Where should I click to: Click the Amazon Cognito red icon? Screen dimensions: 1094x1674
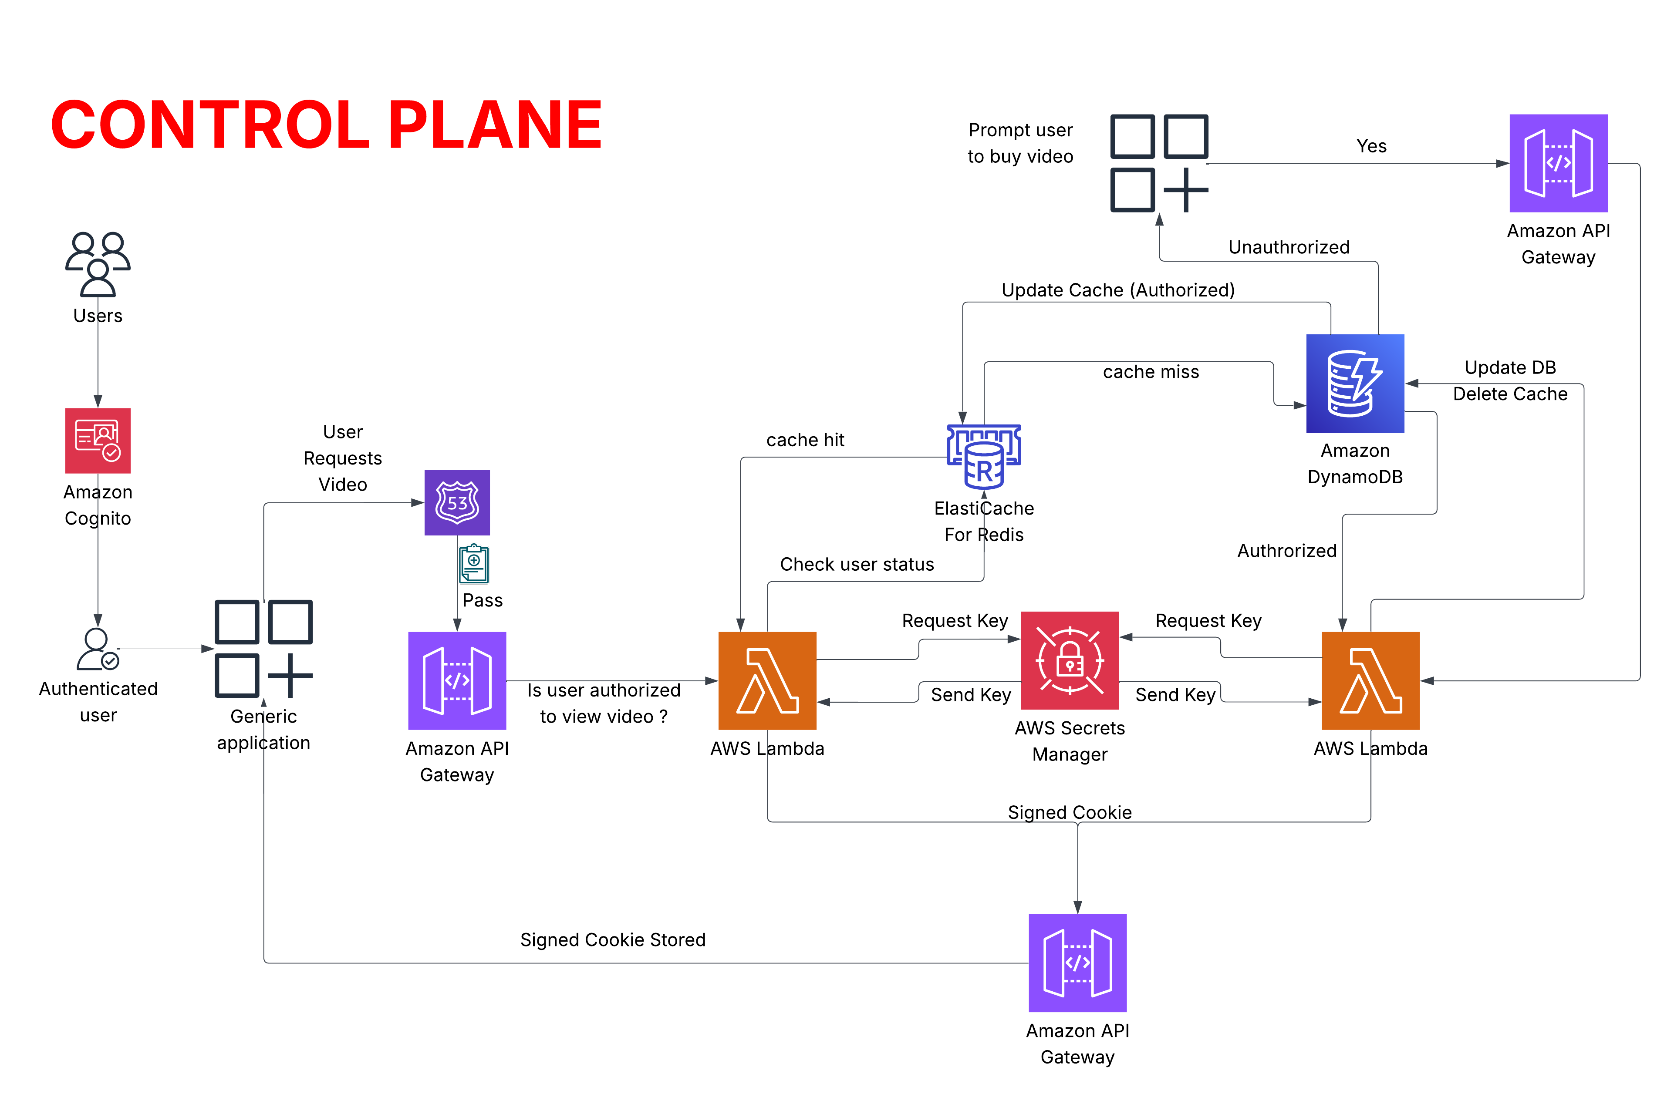coord(98,441)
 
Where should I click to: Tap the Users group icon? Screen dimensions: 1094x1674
coord(98,264)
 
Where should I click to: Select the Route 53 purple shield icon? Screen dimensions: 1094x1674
coord(457,503)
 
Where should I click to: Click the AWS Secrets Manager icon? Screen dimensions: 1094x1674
coord(1070,660)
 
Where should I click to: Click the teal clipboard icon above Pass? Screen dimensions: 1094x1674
coord(474,564)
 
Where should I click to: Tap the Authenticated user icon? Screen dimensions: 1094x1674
coord(98,650)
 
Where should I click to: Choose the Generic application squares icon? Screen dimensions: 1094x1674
coord(264,648)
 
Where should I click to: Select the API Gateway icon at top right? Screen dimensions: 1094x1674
coord(1558,163)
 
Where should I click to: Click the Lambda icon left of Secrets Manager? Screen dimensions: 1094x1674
coord(767,680)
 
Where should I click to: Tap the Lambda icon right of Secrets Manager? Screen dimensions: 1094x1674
coord(1371,680)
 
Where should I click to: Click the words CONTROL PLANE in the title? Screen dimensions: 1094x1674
coord(326,125)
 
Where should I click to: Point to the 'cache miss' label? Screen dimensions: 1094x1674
coord(1151,372)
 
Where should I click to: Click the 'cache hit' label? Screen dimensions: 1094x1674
coord(805,440)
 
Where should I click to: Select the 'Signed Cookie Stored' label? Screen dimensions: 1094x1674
coord(613,940)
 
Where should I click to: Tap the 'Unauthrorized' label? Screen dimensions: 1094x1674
coord(1289,247)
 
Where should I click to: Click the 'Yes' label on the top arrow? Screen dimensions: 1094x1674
coord(1371,146)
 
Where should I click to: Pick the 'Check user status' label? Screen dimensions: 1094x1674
coord(857,565)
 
